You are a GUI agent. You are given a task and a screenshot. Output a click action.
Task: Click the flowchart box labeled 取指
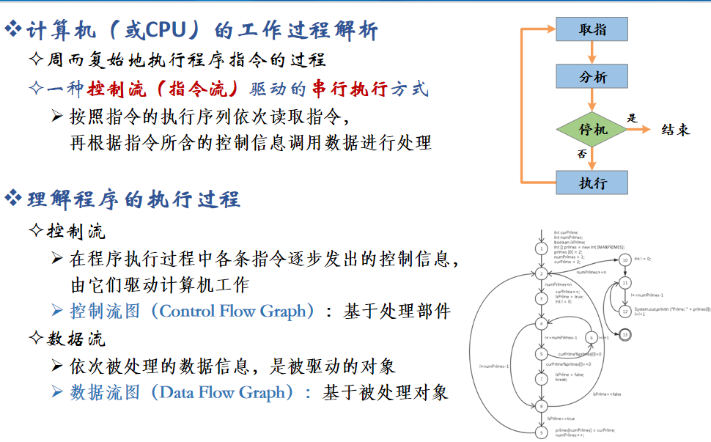pyautogui.click(x=592, y=29)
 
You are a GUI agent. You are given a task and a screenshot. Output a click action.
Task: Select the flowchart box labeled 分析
pyautogui.click(x=592, y=76)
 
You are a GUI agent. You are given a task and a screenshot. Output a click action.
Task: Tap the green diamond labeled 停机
pyautogui.click(x=592, y=130)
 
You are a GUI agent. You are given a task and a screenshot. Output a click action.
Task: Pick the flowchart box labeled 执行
pyautogui.click(x=592, y=183)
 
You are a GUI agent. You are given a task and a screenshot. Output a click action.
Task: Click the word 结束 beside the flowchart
pyautogui.click(x=675, y=130)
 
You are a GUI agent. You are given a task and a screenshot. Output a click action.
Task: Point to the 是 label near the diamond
pyautogui.click(x=633, y=118)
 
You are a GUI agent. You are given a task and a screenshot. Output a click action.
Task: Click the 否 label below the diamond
pyautogui.click(x=581, y=154)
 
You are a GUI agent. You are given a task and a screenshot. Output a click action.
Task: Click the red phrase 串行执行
pyautogui.click(x=349, y=89)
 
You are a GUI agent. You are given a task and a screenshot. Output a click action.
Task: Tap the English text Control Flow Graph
pyautogui.click(x=233, y=311)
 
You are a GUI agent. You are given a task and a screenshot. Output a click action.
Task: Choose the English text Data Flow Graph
pyautogui.click(x=222, y=392)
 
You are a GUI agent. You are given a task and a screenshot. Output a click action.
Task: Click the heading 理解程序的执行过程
pyautogui.click(x=133, y=199)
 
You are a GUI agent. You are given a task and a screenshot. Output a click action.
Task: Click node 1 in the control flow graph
pyautogui.click(x=541, y=248)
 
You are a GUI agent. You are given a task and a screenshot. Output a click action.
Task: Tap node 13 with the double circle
pyautogui.click(x=625, y=334)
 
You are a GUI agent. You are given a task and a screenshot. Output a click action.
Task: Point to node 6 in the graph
pyautogui.click(x=590, y=337)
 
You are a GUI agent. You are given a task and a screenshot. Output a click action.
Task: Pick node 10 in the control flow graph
pyautogui.click(x=625, y=259)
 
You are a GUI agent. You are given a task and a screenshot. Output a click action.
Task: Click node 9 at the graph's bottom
pyautogui.click(x=541, y=432)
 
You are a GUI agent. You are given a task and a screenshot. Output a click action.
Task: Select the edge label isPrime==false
pyautogui.click(x=606, y=394)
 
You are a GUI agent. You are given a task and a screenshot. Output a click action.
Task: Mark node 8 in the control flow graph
pyautogui.click(x=541, y=405)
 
